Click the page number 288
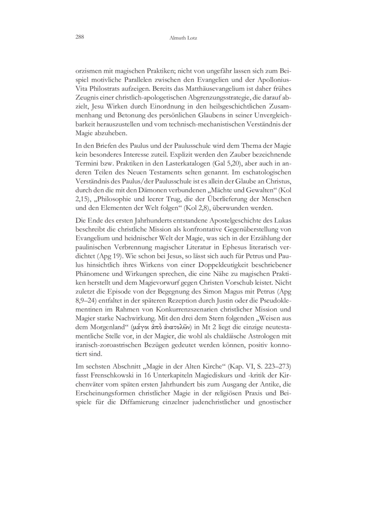pyautogui.click(x=75, y=37)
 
